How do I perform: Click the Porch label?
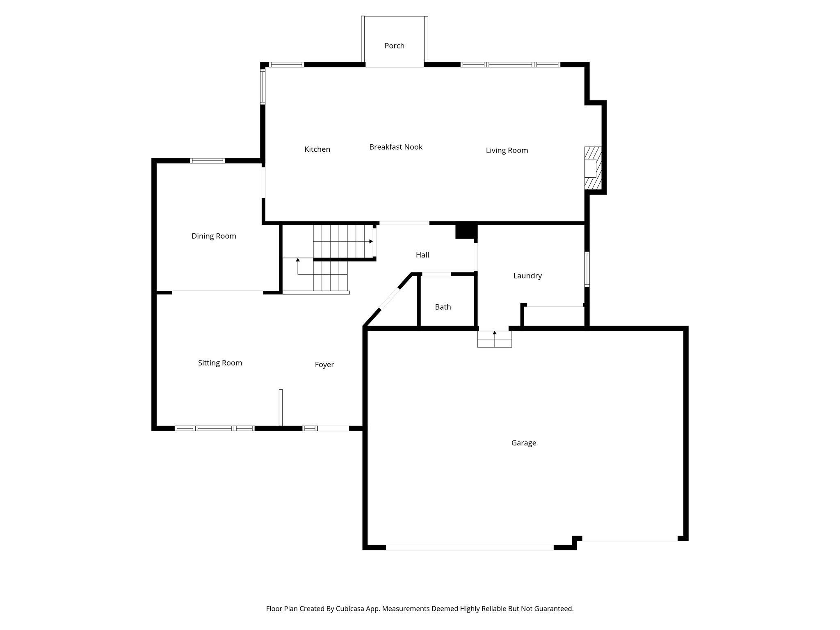pyautogui.click(x=394, y=46)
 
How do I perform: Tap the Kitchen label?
pyautogui.click(x=317, y=149)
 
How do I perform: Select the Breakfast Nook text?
pyautogui.click(x=395, y=147)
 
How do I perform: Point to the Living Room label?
pyautogui.click(x=507, y=151)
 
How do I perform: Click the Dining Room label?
pyautogui.click(x=214, y=236)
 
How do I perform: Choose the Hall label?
pyautogui.click(x=422, y=255)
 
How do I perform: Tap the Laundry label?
pyautogui.click(x=527, y=276)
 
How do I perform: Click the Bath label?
pyautogui.click(x=443, y=307)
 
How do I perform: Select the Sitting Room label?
pyautogui.click(x=220, y=363)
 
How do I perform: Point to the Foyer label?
pyautogui.click(x=324, y=364)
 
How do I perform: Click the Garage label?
pyautogui.click(x=523, y=443)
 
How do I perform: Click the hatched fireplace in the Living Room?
pyautogui.click(x=592, y=168)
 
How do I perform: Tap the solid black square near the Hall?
pyautogui.click(x=466, y=230)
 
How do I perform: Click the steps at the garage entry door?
pyautogui.click(x=494, y=339)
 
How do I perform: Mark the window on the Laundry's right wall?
pyautogui.click(x=587, y=269)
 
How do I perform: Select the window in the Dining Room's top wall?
pyautogui.click(x=207, y=160)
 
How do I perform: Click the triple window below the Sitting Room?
pyautogui.click(x=215, y=428)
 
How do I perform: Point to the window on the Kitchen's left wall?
pyautogui.click(x=262, y=86)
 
